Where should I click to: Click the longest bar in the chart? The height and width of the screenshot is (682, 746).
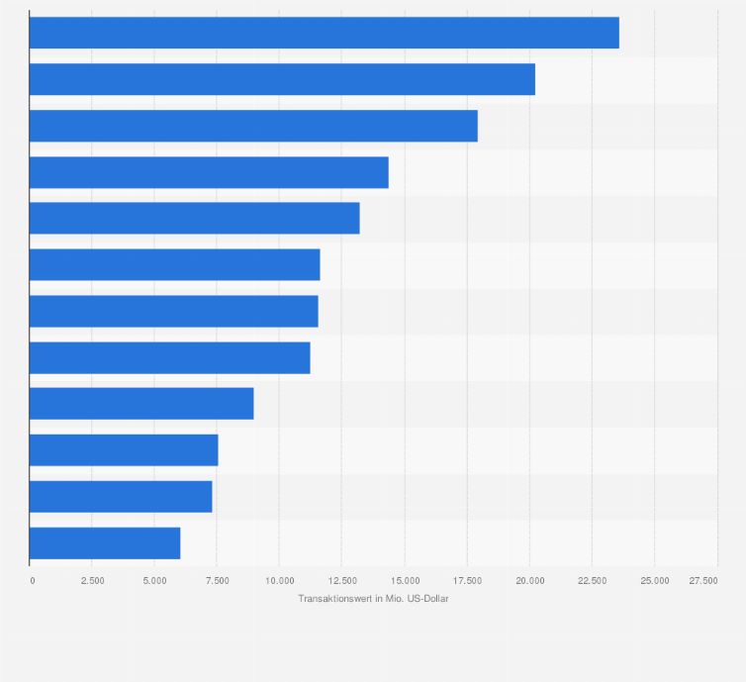(324, 33)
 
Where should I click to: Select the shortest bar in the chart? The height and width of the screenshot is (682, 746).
(105, 542)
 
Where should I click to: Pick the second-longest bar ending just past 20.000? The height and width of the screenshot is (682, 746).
(282, 79)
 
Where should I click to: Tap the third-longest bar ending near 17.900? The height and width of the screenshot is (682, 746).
(253, 126)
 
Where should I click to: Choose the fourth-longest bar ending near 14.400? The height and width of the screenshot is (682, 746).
(209, 172)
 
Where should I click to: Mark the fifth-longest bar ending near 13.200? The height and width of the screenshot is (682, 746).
(194, 218)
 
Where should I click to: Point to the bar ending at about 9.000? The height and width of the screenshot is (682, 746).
(141, 404)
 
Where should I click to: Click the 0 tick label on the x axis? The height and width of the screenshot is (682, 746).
(32, 580)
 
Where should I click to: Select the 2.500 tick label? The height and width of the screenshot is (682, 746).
(92, 580)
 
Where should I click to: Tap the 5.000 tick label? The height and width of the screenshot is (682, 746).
(154, 580)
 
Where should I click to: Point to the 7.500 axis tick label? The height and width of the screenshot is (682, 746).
(217, 580)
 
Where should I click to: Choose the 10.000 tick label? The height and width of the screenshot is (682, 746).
(279, 580)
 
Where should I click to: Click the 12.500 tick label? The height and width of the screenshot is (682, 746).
(341, 580)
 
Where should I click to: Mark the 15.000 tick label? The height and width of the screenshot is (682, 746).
(405, 580)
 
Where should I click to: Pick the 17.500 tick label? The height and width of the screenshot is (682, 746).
(467, 580)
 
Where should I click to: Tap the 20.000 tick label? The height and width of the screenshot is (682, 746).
(529, 580)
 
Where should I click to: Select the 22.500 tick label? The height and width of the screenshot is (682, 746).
(592, 580)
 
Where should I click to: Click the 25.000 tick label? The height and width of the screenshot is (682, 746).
(654, 580)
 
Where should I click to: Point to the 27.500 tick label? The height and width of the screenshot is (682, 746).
(703, 580)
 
